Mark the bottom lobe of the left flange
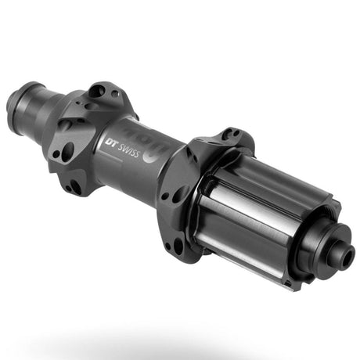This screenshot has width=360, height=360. pos(75,185)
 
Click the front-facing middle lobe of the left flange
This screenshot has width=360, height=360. pos(67,149)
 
